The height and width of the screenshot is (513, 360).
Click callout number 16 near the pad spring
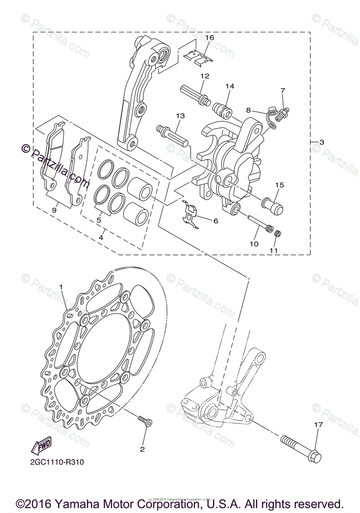(209, 38)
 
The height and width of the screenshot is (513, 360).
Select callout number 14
(230, 86)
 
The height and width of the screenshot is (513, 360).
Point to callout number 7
(283, 91)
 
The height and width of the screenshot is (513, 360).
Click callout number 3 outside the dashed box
(322, 142)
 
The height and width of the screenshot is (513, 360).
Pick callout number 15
(279, 185)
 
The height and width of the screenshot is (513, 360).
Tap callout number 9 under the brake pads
(54, 210)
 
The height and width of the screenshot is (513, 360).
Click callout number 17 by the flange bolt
(317, 425)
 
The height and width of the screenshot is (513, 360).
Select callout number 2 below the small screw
(142, 449)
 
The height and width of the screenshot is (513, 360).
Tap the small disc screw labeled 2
(145, 422)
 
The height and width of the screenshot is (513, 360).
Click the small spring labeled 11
(277, 233)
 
